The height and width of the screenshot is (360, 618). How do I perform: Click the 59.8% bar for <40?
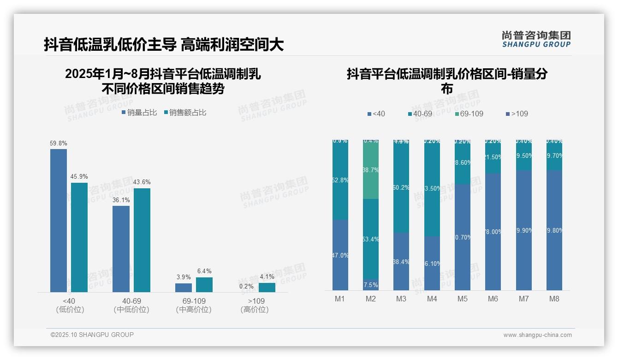point(59,220)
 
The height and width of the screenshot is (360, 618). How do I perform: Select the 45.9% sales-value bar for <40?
point(79,237)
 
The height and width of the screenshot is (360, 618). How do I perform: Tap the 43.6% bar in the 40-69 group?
point(142,240)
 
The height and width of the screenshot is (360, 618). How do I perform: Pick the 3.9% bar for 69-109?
point(184,288)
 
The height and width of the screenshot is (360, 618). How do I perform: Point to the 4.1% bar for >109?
point(267,287)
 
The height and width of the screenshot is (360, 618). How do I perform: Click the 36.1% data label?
point(121,200)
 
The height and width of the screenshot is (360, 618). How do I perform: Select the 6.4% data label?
point(204,271)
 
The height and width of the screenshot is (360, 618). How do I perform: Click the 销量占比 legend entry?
point(139,113)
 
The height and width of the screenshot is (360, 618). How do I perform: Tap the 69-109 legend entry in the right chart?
point(469,114)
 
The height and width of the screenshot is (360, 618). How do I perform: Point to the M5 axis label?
point(463,299)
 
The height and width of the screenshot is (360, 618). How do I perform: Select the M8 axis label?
point(554,299)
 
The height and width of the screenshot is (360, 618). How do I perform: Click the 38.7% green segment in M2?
point(371,170)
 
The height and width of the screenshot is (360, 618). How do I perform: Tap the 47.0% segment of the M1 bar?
point(340,255)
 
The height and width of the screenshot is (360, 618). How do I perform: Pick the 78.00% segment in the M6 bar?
point(493,232)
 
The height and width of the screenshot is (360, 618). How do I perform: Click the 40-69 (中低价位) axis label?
point(131,305)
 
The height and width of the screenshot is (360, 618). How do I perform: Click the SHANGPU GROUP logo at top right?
point(536,39)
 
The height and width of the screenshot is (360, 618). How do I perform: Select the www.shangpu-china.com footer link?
point(537,335)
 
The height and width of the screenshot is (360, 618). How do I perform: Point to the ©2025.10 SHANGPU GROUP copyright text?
point(92,335)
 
